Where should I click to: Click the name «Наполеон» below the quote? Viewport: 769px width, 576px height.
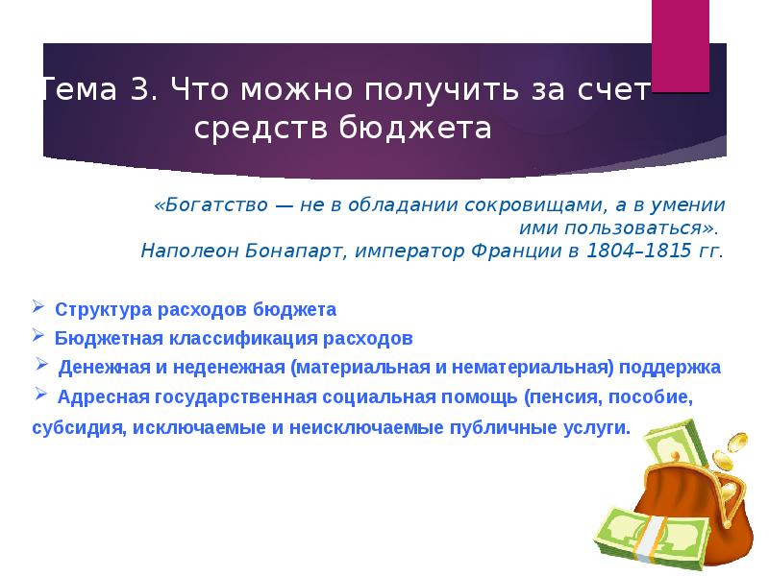tap(183, 252)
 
